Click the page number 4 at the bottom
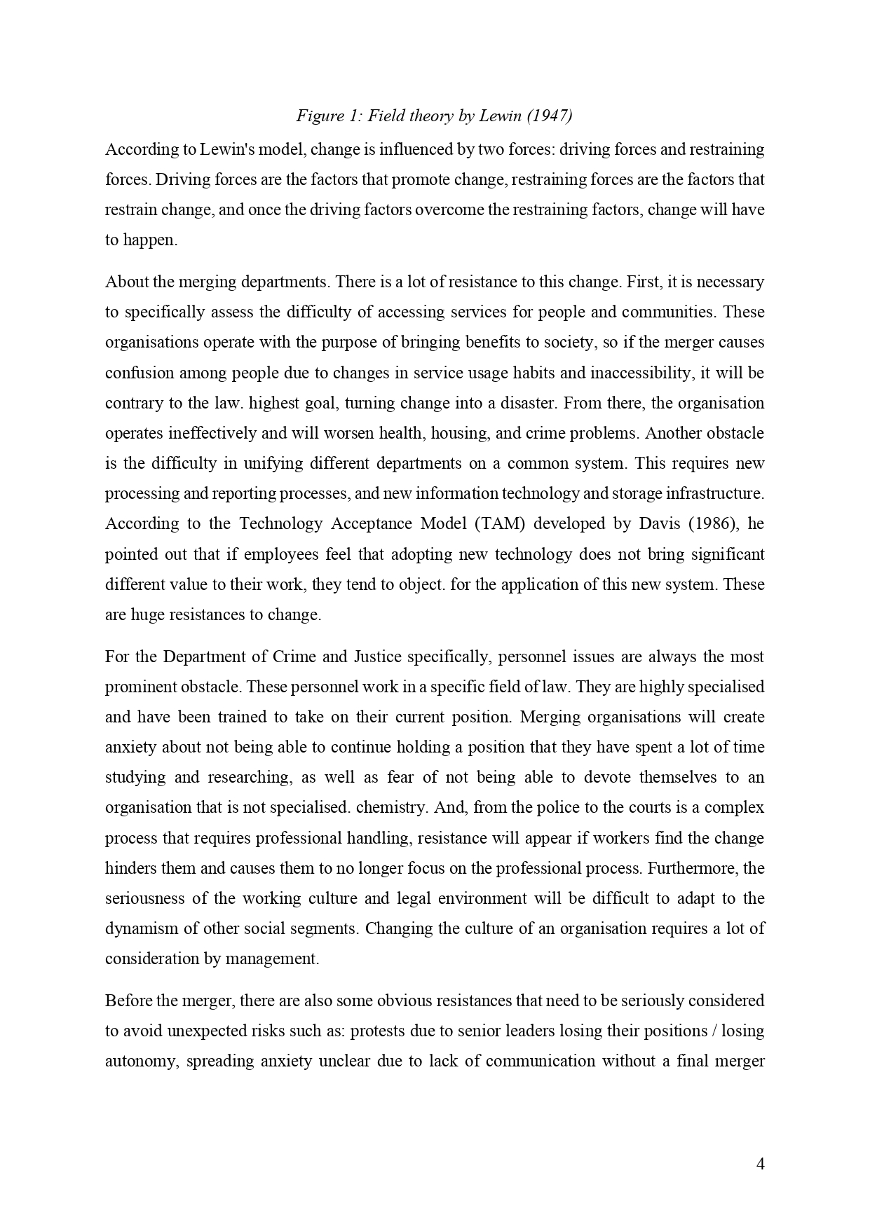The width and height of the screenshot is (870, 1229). point(760,1165)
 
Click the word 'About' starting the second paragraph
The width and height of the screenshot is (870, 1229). point(125,282)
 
